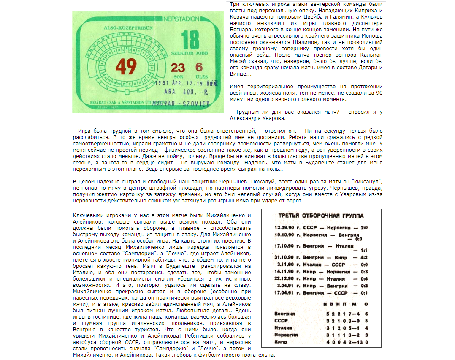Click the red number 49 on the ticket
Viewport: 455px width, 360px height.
pos(126,66)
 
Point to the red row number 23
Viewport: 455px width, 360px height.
pos(178,68)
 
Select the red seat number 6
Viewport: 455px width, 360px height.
pos(199,67)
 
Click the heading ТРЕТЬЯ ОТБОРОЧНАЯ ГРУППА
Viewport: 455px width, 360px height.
pos(321,216)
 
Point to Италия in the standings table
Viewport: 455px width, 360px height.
pos(283,327)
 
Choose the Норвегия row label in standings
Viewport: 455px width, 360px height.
pos(286,335)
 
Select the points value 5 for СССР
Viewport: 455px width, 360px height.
pos(366,321)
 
